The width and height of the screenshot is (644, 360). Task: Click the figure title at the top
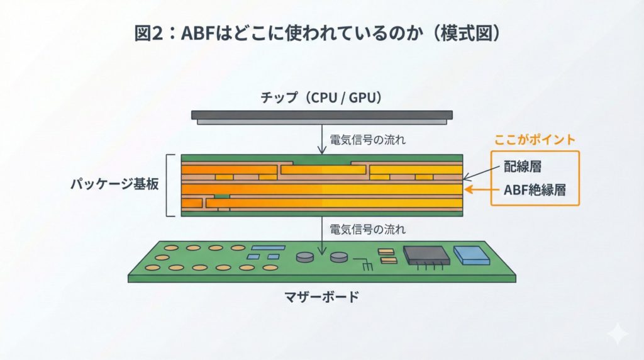tap(321, 33)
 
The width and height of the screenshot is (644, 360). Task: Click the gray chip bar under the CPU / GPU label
tap(321, 116)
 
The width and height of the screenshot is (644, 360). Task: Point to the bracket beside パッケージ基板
tap(169, 185)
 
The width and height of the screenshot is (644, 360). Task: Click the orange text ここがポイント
tap(535, 139)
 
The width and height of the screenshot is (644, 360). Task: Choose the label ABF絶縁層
tap(533, 190)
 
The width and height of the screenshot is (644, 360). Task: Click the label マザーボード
tap(321, 296)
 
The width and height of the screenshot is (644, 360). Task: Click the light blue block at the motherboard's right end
tap(471, 254)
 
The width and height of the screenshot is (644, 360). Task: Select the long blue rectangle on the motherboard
tap(267, 248)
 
